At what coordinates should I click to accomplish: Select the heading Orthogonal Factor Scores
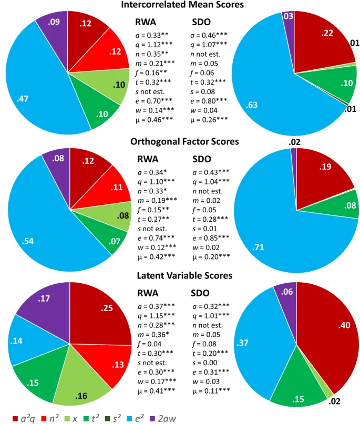point(180,141)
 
